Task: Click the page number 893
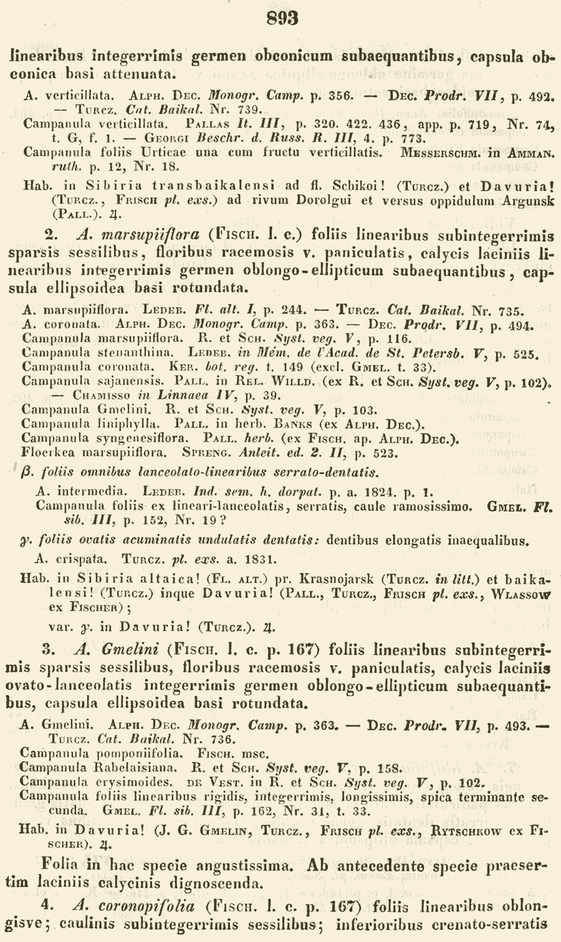(282, 18)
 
